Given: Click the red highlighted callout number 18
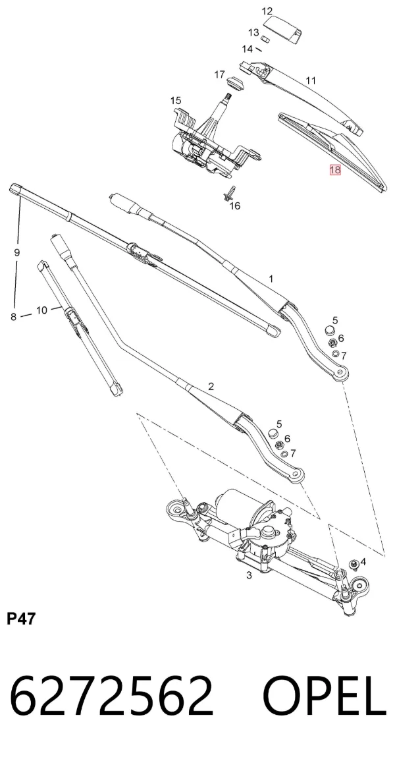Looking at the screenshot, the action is coord(334,170).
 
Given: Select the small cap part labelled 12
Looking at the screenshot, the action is coord(282,28).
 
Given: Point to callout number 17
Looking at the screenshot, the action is coord(219,74).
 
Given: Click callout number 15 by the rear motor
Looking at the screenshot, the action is coord(176,101).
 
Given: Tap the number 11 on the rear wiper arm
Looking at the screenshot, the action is coord(311,81).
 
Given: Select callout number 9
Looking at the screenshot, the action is coord(17,252).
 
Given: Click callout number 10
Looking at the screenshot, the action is coord(42,310).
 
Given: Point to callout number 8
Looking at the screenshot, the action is coord(13,317).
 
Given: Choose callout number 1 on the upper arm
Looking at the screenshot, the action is coord(271,279).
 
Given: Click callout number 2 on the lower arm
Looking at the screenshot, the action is coord(211,386).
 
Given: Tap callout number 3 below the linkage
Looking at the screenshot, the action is coord(249,576).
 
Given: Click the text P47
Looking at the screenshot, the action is coord(21,618).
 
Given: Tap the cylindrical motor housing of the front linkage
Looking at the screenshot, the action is coord(234,503).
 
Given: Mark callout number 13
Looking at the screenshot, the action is coord(254,33).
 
